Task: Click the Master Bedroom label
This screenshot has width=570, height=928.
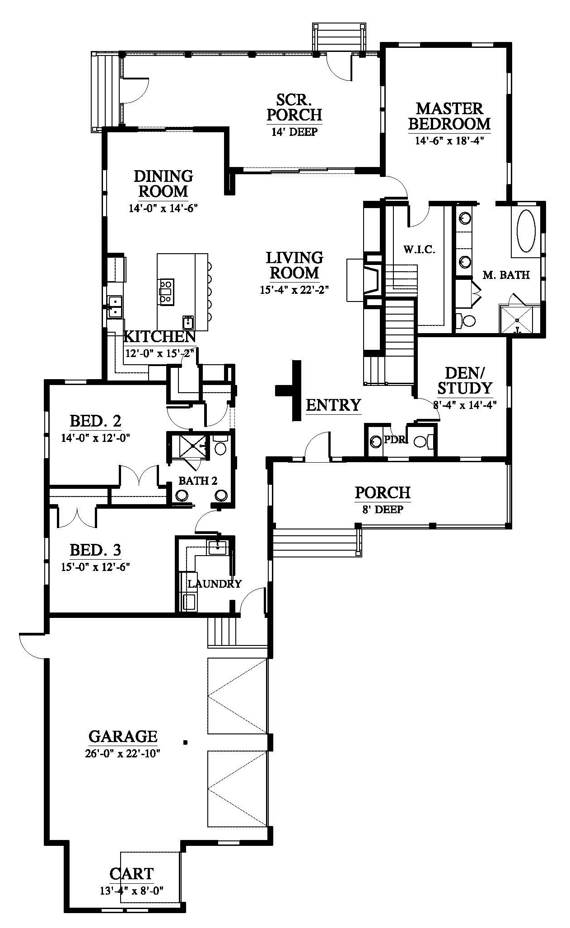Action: (449, 116)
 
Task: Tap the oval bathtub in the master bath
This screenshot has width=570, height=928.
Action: (526, 231)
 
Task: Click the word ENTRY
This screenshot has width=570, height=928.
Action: (333, 405)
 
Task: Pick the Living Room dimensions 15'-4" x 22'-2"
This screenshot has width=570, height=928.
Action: (293, 290)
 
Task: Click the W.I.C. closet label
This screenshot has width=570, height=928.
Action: (419, 250)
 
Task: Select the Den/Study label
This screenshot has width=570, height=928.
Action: (464, 380)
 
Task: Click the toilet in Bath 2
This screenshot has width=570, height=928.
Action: (220, 445)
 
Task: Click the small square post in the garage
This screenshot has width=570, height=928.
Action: (185, 742)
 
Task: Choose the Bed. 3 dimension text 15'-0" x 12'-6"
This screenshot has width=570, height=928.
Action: (96, 566)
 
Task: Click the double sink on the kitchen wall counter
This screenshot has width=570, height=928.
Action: (115, 306)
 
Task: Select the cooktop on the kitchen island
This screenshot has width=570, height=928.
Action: (165, 290)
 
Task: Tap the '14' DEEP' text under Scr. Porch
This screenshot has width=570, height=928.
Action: (294, 132)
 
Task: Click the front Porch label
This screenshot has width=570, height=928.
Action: (383, 492)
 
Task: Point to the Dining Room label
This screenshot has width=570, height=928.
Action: (163, 183)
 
